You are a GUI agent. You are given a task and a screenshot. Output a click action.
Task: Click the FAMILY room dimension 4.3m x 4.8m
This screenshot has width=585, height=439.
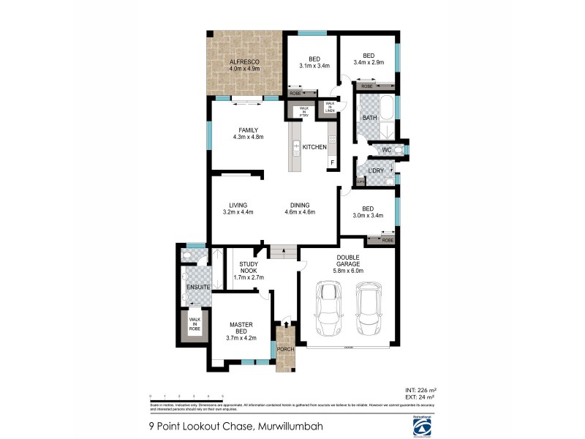248,137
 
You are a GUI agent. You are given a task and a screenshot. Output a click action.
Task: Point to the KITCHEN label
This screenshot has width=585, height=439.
315,148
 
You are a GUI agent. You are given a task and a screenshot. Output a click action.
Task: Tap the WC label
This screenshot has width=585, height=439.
388,150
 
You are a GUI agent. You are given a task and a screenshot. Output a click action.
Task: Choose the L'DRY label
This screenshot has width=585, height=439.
377,171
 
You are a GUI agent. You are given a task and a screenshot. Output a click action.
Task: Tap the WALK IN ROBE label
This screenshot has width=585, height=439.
195,325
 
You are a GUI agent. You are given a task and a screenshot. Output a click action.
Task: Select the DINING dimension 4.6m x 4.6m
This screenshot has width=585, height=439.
300,212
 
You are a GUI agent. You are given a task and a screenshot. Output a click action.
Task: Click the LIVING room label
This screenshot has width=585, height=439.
238,205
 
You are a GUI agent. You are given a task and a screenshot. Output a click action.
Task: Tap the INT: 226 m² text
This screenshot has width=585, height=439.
420,390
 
